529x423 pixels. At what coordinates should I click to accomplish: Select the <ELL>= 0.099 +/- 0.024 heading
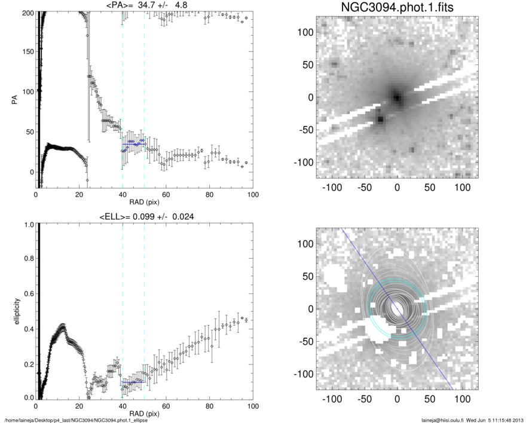[143, 216]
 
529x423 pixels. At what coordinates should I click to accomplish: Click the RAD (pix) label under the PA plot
[143, 202]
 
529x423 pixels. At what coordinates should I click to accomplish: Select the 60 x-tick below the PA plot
[166, 195]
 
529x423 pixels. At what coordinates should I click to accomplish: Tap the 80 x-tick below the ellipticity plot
[209, 406]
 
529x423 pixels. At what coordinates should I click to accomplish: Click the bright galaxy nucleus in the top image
[396, 97]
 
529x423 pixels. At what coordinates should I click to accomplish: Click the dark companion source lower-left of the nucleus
[380, 119]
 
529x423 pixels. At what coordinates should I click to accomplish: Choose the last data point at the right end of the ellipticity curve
[246, 320]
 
